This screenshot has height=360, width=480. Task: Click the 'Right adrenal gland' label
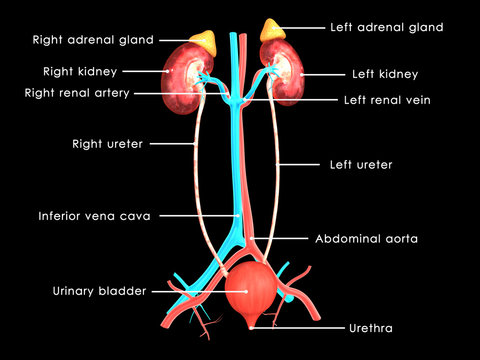click(x=93, y=40)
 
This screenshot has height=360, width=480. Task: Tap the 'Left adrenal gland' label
click(x=385, y=27)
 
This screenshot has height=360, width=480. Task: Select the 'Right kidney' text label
click(x=80, y=72)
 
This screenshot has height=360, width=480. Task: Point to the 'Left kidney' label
click(x=385, y=74)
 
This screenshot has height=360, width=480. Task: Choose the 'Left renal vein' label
click(x=391, y=100)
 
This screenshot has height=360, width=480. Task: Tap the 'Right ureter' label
click(x=107, y=144)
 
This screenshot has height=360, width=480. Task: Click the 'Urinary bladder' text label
click(x=99, y=291)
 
